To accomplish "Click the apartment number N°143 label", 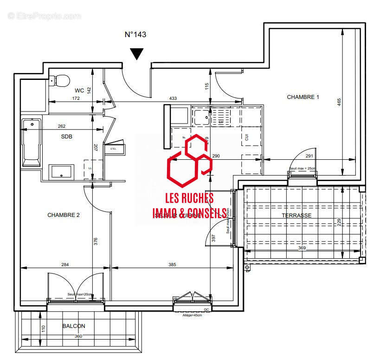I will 136,34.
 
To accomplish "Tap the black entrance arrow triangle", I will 136,54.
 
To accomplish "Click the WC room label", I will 79,91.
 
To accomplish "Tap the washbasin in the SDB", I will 61,171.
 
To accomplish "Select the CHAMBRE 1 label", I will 303,97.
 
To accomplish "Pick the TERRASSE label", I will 296,216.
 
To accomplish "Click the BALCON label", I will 74,326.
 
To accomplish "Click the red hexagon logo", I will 189,160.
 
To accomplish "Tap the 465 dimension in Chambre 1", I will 339,101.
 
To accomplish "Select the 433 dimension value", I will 173,98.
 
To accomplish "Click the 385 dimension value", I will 172,265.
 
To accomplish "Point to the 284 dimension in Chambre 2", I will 65,265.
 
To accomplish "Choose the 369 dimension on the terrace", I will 302,248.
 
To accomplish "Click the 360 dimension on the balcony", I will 78,336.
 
